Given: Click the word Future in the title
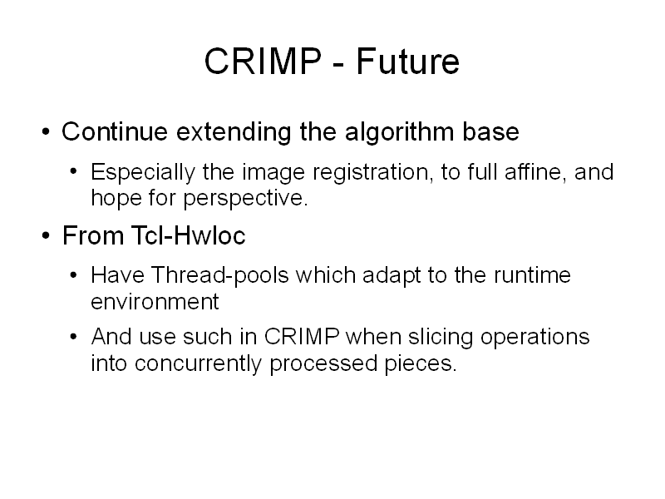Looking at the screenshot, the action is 407,61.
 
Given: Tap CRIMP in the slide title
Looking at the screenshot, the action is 263,61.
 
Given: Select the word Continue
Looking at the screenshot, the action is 115,131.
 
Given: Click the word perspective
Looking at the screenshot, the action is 245,198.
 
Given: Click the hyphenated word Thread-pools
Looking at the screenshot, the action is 219,275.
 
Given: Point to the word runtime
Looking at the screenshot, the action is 532,275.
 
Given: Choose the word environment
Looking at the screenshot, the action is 155,302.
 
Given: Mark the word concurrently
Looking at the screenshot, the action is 198,364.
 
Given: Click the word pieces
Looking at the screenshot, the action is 421,364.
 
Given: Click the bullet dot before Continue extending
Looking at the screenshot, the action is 46,131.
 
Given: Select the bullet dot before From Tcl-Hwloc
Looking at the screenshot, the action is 46,235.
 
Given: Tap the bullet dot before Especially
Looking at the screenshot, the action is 74,172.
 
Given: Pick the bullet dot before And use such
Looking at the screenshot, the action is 74,337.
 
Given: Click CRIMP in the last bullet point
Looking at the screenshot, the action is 302,337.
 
